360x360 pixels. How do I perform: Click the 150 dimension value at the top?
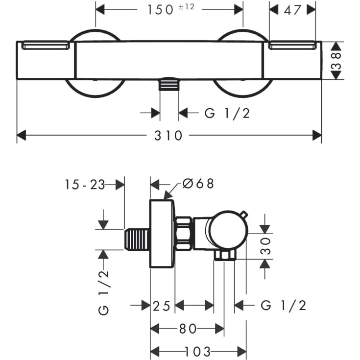click(x=160, y=10)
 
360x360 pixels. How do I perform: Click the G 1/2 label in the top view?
click(x=227, y=113)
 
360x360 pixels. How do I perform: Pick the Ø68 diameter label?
click(x=198, y=184)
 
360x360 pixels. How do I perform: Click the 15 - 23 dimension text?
click(x=84, y=184)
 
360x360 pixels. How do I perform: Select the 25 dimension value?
click(x=162, y=306)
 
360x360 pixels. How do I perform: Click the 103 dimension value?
click(x=198, y=351)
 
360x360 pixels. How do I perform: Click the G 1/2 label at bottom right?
click(x=283, y=306)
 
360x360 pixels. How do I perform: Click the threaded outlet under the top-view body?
click(x=169, y=85)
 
